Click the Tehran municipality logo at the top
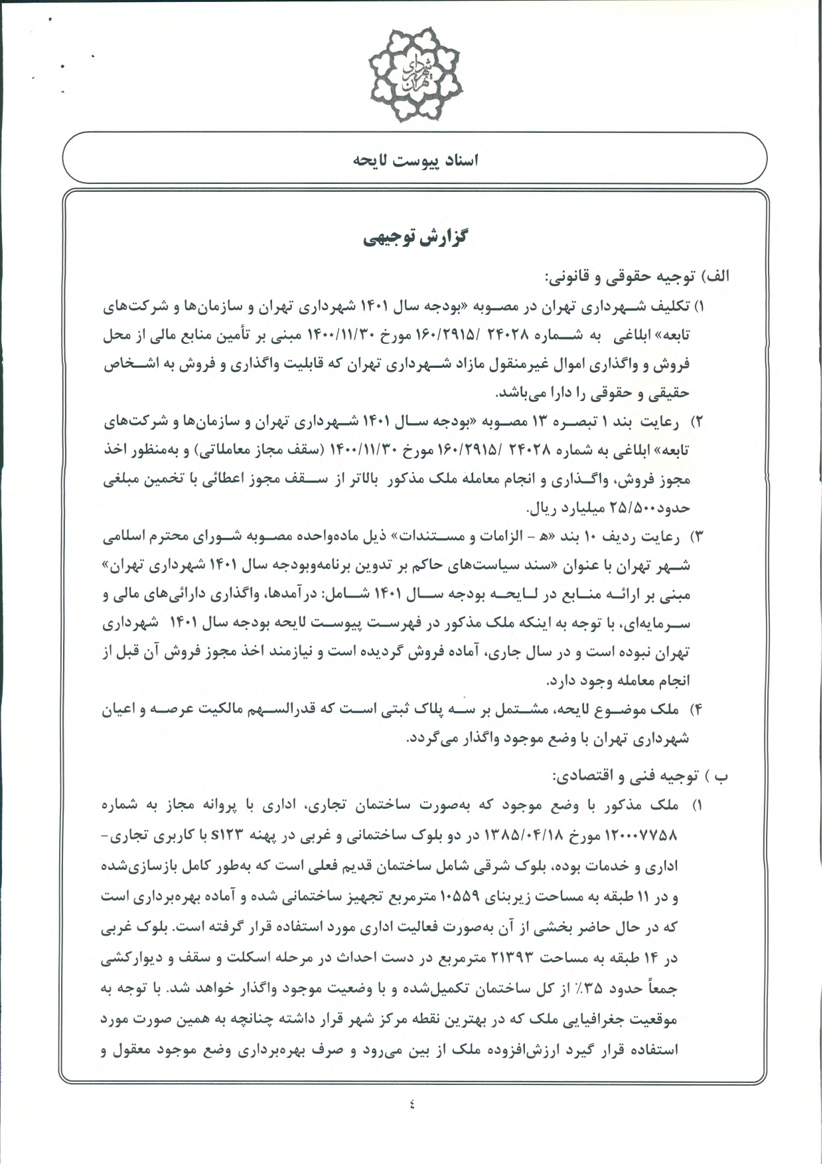point(415,74)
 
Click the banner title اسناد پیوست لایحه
point(415,161)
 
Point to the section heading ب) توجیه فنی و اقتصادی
point(640,776)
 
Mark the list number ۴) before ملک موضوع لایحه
point(697,710)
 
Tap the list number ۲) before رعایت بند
point(697,422)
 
